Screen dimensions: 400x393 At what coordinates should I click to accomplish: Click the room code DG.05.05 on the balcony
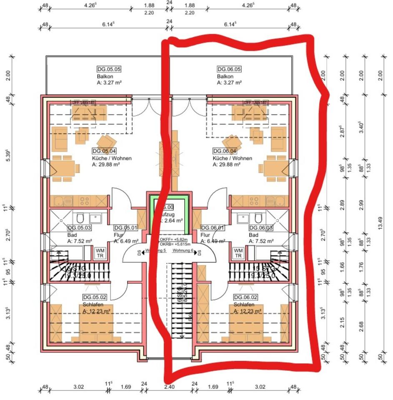tap(110, 69)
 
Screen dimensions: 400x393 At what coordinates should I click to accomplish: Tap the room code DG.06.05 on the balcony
tap(229, 69)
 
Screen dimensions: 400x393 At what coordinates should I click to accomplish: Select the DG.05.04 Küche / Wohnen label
tap(104, 151)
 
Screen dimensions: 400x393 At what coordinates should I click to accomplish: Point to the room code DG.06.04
tap(225, 151)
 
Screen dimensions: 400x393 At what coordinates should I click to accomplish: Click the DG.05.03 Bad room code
tap(79, 227)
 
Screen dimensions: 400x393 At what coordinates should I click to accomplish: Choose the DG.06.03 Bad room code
tap(260, 227)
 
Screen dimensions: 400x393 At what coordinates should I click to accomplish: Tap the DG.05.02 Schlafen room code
tap(95, 297)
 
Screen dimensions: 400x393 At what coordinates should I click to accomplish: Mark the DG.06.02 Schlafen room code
tap(245, 297)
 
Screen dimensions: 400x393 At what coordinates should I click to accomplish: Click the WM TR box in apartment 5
tap(100, 253)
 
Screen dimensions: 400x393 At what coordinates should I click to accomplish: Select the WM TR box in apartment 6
tap(238, 253)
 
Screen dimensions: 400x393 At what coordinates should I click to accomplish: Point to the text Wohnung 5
tap(155, 251)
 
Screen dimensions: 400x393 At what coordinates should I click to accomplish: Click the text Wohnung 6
tap(184, 251)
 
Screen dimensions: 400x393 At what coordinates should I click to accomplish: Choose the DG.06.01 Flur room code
tap(213, 227)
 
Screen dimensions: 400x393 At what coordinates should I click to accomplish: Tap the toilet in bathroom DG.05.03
tap(80, 217)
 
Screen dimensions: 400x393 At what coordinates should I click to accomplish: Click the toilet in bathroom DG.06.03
tap(258, 217)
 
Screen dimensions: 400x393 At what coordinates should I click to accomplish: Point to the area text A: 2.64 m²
tap(172, 221)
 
